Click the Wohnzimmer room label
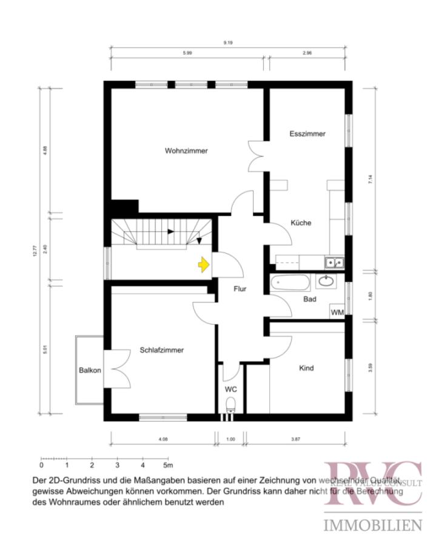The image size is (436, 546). pos(186,150)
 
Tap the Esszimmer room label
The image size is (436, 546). pos(307,133)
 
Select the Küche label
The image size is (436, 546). pos(300,223)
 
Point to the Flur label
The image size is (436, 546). pos(240,289)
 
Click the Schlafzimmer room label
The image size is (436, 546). pos(161,350)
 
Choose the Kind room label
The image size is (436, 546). pos(307,368)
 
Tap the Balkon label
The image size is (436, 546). pos(89,370)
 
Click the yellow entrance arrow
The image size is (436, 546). pos(203,264)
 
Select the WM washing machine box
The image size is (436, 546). pos(337,312)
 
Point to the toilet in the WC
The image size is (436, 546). pos(230,405)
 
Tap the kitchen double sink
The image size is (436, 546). pos(334,262)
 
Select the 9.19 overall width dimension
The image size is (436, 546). pos(228,42)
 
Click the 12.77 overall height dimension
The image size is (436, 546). pos(35,251)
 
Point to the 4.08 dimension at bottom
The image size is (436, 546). pos(163,439)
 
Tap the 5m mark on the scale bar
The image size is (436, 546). pos(167,466)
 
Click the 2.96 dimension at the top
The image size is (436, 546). pos(307,53)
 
